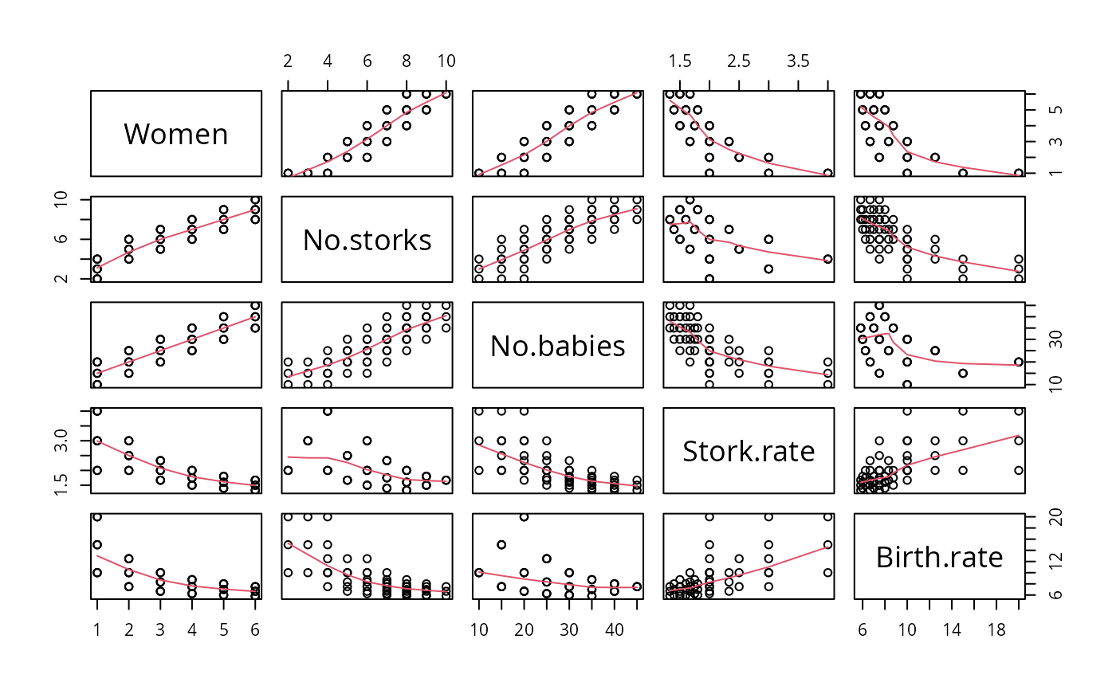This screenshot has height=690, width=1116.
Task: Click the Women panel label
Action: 176,134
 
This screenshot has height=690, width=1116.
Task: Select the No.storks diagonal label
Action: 367,240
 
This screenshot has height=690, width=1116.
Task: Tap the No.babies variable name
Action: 557,346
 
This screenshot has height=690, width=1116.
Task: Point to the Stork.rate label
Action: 749,452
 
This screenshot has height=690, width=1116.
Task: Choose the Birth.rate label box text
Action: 939,558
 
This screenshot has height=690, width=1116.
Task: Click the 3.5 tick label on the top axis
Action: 799,61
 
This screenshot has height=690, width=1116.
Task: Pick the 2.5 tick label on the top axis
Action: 739,61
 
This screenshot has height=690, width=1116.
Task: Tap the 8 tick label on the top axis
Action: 406,61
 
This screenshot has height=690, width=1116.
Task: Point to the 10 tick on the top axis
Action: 446,61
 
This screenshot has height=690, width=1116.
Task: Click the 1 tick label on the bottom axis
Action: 97,629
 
